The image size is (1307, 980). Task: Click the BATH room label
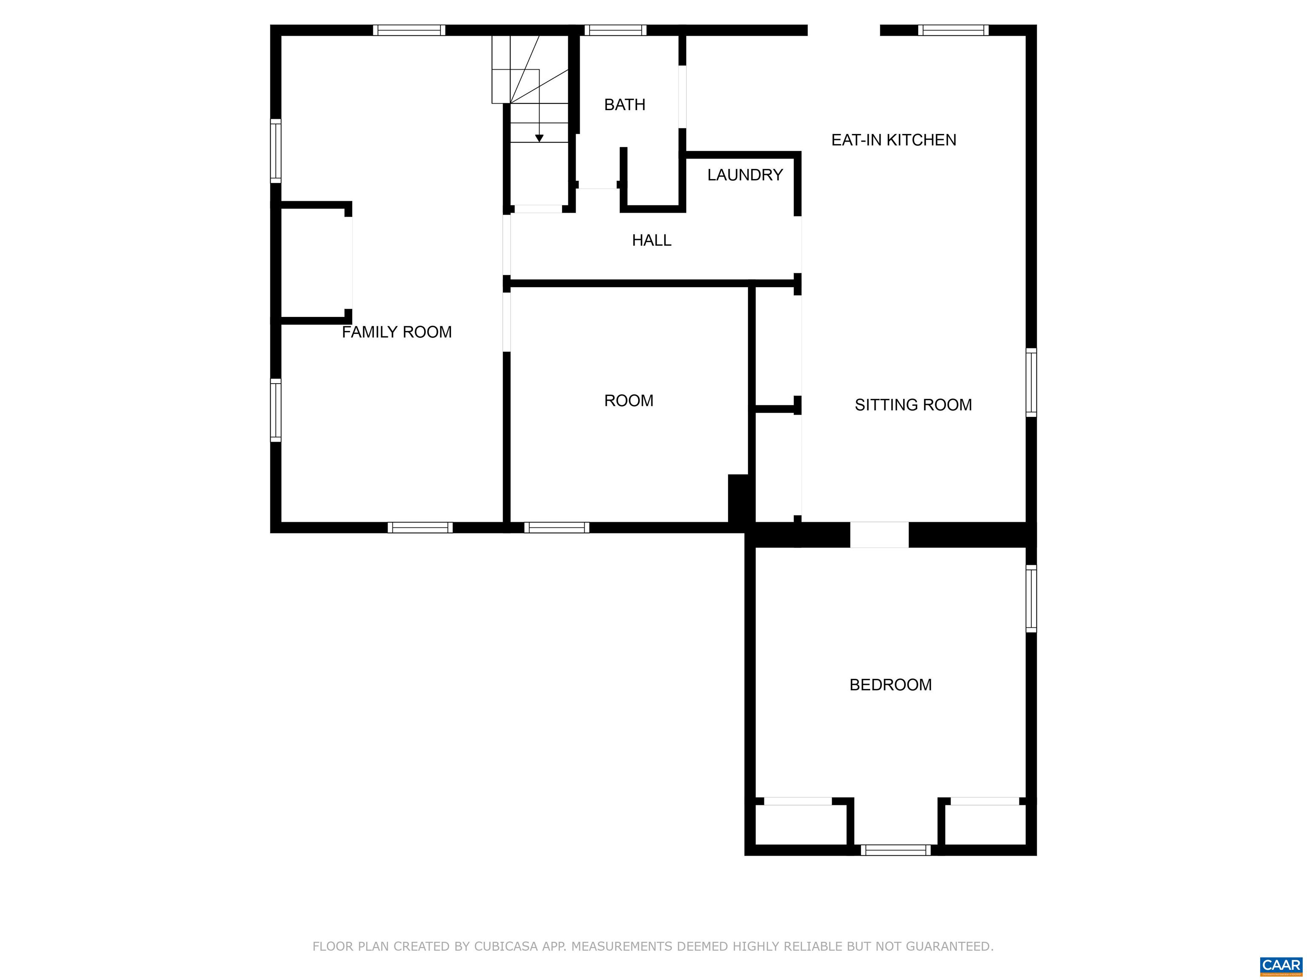coord(624,105)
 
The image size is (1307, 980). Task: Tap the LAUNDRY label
coord(745,175)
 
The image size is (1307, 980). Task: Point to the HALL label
coord(651,240)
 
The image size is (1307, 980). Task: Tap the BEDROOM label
coord(890,685)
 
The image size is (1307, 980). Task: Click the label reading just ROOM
coord(628,401)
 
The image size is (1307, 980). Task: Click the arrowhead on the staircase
coord(539,138)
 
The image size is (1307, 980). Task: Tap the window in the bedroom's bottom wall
coord(895,850)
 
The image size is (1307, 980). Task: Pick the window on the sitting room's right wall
coord(1030,382)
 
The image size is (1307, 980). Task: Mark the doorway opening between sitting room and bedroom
coord(879,535)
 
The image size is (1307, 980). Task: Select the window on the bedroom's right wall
coord(1030,598)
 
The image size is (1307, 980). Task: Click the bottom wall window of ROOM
coord(556,527)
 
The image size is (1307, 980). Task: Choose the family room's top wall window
coord(408,30)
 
